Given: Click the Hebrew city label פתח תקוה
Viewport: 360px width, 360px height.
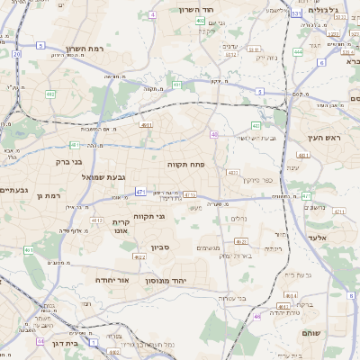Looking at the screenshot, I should (x=187, y=165).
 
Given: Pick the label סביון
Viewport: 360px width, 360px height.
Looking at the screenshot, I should (x=161, y=247).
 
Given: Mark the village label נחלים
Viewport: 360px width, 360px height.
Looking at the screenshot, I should (x=238, y=218).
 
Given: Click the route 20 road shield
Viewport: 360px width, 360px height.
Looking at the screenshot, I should (x=16, y=54).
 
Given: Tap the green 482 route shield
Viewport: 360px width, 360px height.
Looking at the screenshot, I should (x=50, y=94).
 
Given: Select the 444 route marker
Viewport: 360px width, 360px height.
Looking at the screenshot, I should (x=297, y=51).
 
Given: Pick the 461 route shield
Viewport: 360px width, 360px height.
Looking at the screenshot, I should (x=29, y=250).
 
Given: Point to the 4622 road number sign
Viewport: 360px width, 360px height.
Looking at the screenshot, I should (x=139, y=256).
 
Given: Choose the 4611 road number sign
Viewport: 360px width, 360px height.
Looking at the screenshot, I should (x=146, y=126).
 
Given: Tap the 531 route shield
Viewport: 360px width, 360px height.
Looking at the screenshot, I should (x=296, y=13).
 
